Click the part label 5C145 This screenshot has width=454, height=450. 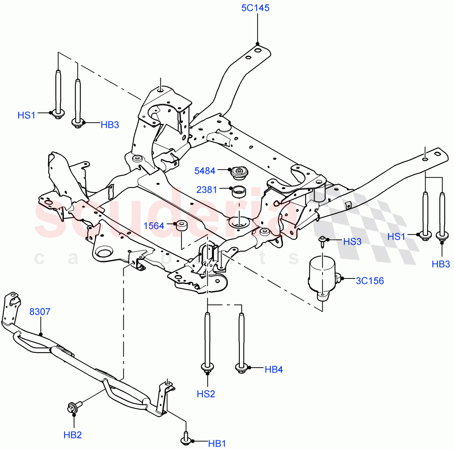[256, 8]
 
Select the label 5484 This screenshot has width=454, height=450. [205, 171]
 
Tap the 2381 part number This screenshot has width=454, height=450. [207, 189]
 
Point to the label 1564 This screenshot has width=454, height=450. [154, 226]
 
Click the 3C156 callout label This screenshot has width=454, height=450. [370, 281]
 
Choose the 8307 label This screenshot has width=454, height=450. [40, 312]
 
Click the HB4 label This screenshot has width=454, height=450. [274, 369]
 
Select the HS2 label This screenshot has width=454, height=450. [206, 394]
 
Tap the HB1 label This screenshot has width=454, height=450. [217, 443]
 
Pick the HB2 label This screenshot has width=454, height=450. [73, 435]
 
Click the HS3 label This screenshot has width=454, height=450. [352, 241]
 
